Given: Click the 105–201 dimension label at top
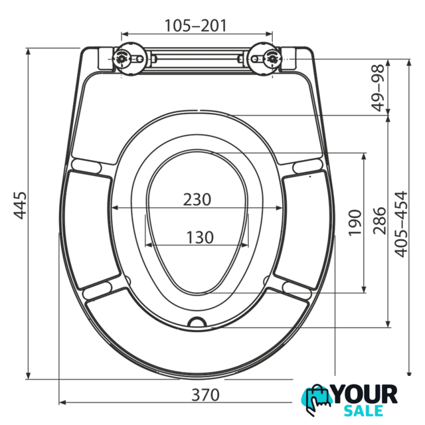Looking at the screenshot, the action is [x=195, y=26].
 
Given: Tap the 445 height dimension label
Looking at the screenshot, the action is [x=21, y=205].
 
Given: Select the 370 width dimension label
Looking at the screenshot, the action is [x=205, y=395].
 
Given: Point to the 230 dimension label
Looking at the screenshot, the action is [x=197, y=199].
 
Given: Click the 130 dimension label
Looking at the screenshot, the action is [x=200, y=237].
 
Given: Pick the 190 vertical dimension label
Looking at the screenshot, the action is [x=355, y=222].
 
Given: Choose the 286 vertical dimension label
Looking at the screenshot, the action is [x=379, y=220].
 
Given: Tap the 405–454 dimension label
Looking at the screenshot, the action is [x=400, y=224].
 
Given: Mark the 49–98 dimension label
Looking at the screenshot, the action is [x=379, y=88].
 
